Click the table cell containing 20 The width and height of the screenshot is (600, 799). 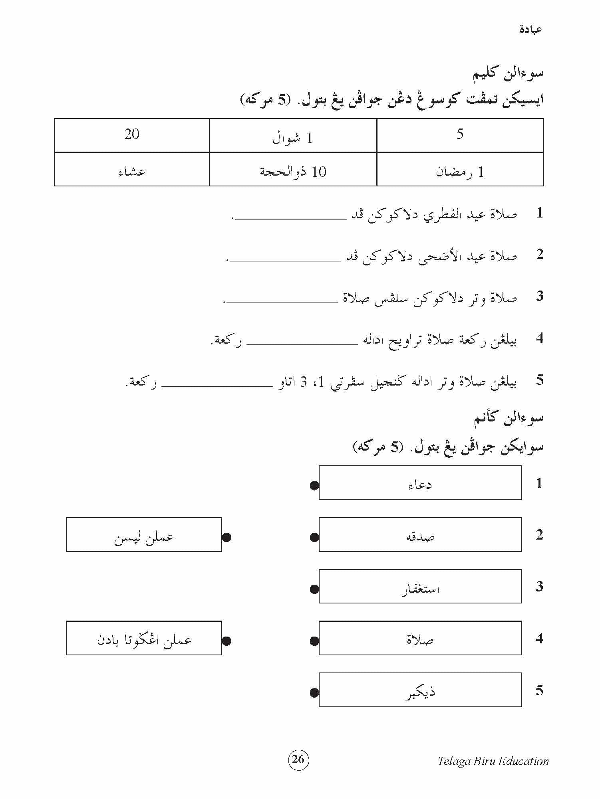(132, 135)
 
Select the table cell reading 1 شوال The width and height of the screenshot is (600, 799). (293, 136)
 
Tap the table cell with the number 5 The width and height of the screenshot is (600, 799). (460, 135)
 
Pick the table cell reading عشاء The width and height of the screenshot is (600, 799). (132, 169)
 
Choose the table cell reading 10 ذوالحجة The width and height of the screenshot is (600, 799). (293, 169)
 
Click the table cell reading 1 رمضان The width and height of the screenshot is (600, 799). (460, 169)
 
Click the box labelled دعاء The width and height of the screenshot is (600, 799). (420, 483)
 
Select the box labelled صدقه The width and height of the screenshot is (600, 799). (420, 534)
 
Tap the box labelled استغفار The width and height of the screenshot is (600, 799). (420, 586)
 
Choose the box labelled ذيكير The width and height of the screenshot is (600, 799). (420, 690)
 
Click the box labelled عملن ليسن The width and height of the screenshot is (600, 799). (144, 534)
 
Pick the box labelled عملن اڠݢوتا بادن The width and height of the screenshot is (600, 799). (144, 638)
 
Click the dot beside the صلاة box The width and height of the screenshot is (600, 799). (314, 641)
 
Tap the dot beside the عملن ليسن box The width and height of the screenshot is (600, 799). (226, 538)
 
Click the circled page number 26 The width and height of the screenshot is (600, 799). (298, 759)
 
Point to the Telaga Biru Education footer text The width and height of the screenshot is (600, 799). (493, 761)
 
